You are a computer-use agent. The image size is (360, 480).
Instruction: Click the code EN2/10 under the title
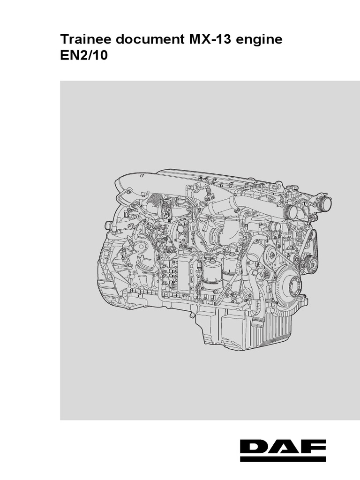pyautogui.click(x=84, y=56)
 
